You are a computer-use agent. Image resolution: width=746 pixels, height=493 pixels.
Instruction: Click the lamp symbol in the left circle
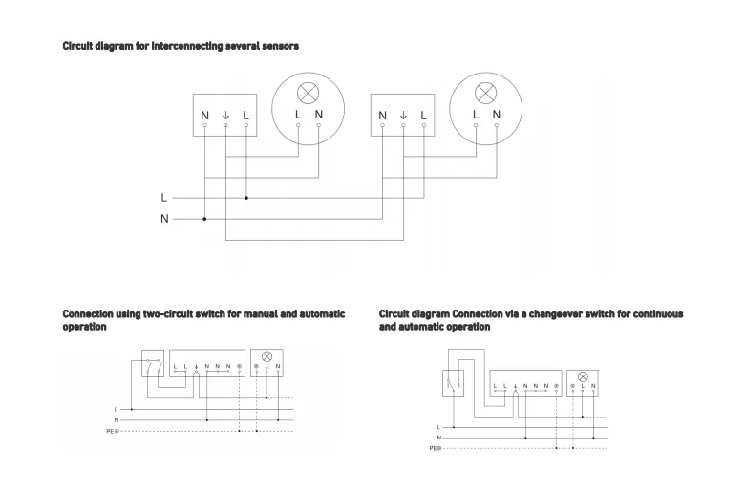[308, 94]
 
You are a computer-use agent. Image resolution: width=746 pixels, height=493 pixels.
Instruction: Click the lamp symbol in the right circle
[485, 94]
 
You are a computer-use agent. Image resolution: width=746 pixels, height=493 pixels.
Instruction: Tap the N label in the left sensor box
[204, 116]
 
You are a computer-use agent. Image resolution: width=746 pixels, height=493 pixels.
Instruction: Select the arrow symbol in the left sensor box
[225, 116]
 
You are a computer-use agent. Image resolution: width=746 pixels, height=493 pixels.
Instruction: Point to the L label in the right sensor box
[424, 116]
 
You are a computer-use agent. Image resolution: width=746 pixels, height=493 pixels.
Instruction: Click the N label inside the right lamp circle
[497, 115]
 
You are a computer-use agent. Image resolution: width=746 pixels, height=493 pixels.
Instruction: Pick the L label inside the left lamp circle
[298, 115]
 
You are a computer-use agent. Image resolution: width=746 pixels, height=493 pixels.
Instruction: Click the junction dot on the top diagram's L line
[246, 198]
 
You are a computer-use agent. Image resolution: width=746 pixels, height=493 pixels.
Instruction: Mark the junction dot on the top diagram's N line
[204, 219]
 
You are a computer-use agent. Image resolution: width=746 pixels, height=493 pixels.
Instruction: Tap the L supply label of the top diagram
[164, 198]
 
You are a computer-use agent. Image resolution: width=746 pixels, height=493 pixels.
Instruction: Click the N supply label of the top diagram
[164, 219]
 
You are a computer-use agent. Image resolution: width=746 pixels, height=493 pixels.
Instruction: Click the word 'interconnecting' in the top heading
[187, 46]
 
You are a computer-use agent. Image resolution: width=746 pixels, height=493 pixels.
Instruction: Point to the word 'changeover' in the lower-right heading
[542, 313]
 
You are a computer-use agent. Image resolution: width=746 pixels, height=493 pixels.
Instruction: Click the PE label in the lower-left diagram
[113, 432]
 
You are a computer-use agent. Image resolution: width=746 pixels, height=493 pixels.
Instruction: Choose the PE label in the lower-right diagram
[434, 448]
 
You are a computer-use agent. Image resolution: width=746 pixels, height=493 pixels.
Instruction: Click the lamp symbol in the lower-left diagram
[267, 355]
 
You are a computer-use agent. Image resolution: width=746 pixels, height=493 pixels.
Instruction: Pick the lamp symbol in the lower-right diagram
[583, 376]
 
